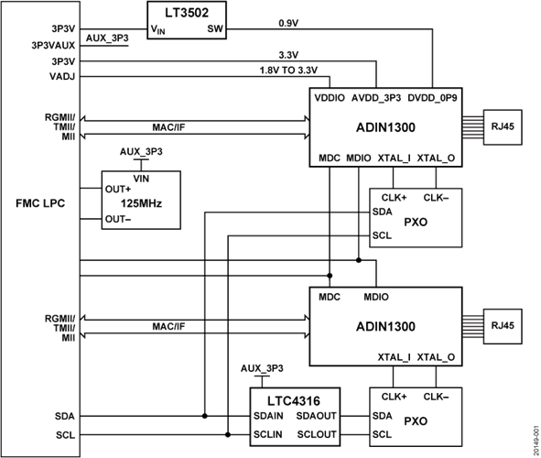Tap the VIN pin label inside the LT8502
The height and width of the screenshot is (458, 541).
coord(158,30)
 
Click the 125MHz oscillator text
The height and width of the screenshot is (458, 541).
coord(141,204)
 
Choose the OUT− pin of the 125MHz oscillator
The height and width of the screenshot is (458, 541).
coord(117,219)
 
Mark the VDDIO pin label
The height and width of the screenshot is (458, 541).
coord(329,96)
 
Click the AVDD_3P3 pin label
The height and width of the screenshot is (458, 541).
coord(376,96)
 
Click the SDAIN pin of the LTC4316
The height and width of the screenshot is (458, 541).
coord(270,416)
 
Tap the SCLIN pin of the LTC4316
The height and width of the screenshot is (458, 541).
coord(269,432)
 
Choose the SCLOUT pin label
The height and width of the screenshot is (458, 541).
coord(317,432)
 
